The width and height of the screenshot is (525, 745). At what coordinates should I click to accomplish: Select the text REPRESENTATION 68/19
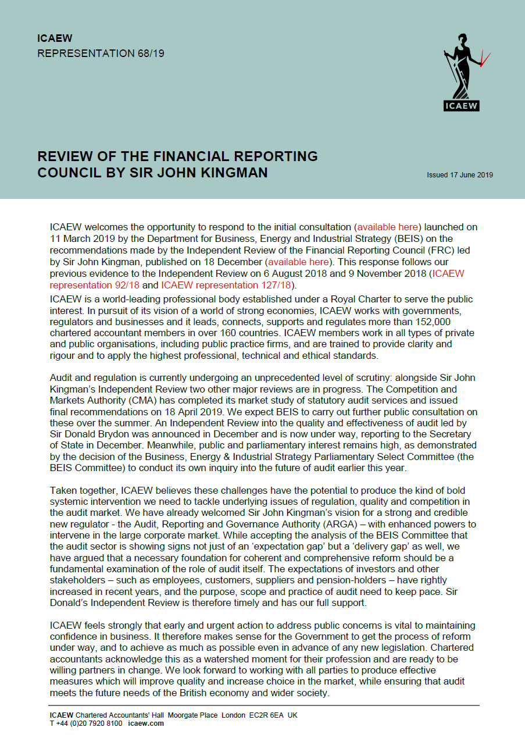101,54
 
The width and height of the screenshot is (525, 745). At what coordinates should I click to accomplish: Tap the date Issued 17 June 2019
460,175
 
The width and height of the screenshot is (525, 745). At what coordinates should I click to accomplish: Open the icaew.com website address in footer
146,723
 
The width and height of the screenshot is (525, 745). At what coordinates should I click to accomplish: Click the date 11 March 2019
80,238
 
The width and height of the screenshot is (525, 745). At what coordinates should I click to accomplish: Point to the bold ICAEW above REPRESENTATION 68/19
55,39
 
